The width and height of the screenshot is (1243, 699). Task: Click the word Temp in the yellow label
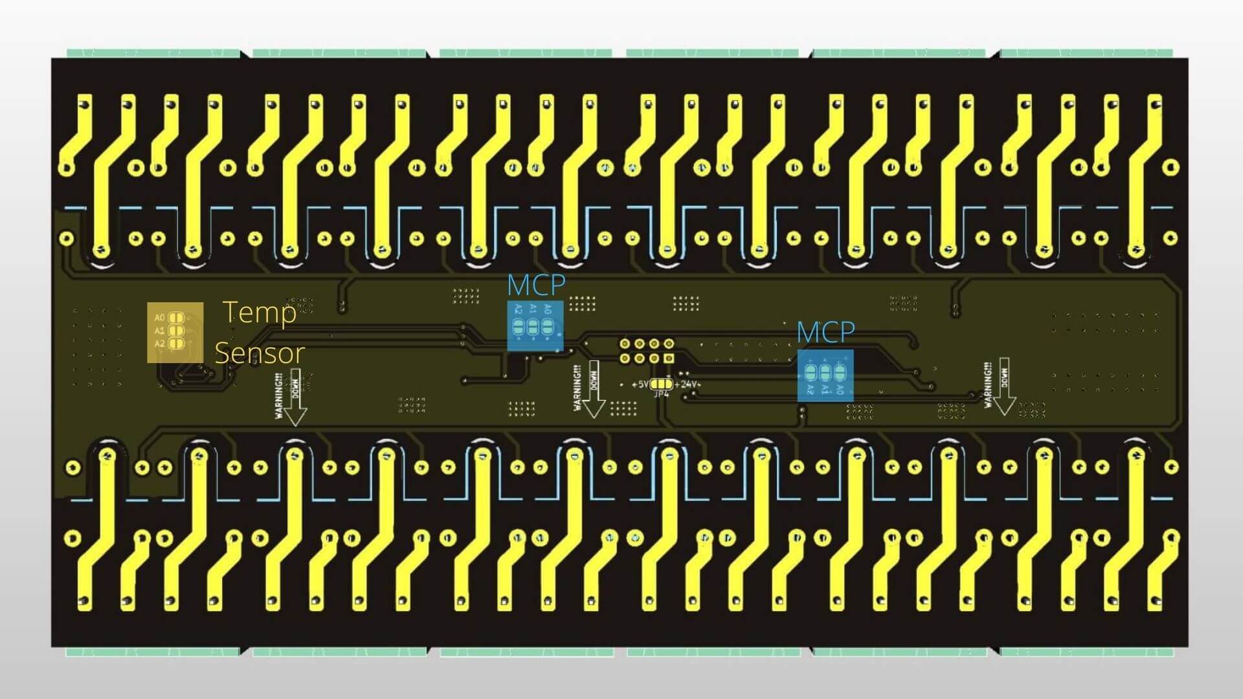[x=260, y=313]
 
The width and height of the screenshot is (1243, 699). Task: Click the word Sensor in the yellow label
[x=259, y=353]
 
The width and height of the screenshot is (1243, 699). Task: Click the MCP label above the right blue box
[x=825, y=333]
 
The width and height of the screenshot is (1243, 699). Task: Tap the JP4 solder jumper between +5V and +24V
[x=661, y=384]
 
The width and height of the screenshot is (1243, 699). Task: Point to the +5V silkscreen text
[x=640, y=384]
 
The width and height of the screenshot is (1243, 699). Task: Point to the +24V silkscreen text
[x=686, y=384]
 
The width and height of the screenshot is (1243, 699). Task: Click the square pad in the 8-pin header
[x=669, y=358]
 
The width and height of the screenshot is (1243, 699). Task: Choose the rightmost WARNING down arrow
[x=1004, y=386]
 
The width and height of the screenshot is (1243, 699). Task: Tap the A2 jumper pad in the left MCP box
[x=518, y=327]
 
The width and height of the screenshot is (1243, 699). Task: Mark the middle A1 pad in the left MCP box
[x=532, y=327]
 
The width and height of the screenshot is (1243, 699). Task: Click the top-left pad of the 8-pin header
[x=625, y=344]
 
